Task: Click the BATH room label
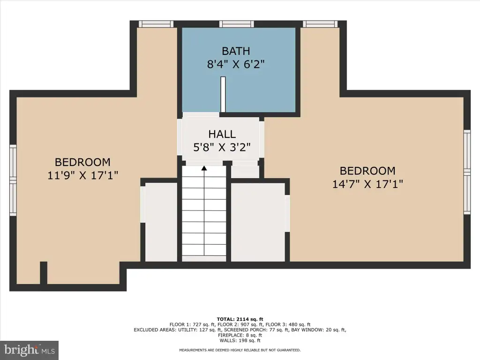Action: (x=236, y=51)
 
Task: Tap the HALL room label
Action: (x=222, y=134)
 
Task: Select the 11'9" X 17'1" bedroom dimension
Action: (x=82, y=175)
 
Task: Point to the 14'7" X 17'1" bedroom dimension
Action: (x=367, y=184)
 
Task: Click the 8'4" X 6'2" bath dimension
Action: (x=236, y=64)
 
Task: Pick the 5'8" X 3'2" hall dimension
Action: (x=222, y=147)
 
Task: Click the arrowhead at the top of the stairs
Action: (x=204, y=168)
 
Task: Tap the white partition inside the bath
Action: (x=223, y=94)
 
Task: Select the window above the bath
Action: (x=236, y=24)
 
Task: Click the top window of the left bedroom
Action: (x=156, y=24)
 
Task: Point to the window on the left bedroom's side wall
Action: (x=13, y=180)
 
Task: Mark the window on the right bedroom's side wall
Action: (x=467, y=172)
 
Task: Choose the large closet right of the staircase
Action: (x=258, y=222)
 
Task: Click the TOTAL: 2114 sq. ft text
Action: (x=240, y=319)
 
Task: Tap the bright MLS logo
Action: (x=30, y=350)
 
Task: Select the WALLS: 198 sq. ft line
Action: (x=240, y=340)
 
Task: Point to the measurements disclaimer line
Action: (x=240, y=350)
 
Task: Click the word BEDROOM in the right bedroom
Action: (x=367, y=171)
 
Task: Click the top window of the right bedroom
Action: (x=320, y=24)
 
